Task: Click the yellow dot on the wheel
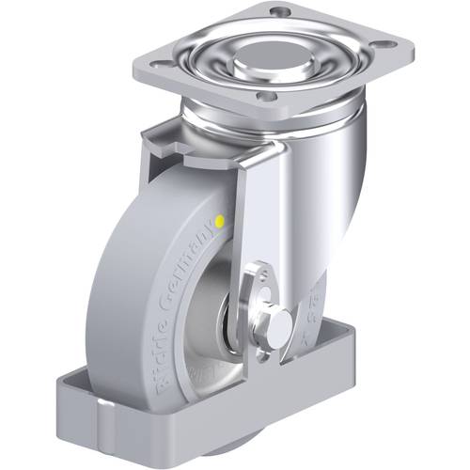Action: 219,222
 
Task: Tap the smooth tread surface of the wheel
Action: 122,282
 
